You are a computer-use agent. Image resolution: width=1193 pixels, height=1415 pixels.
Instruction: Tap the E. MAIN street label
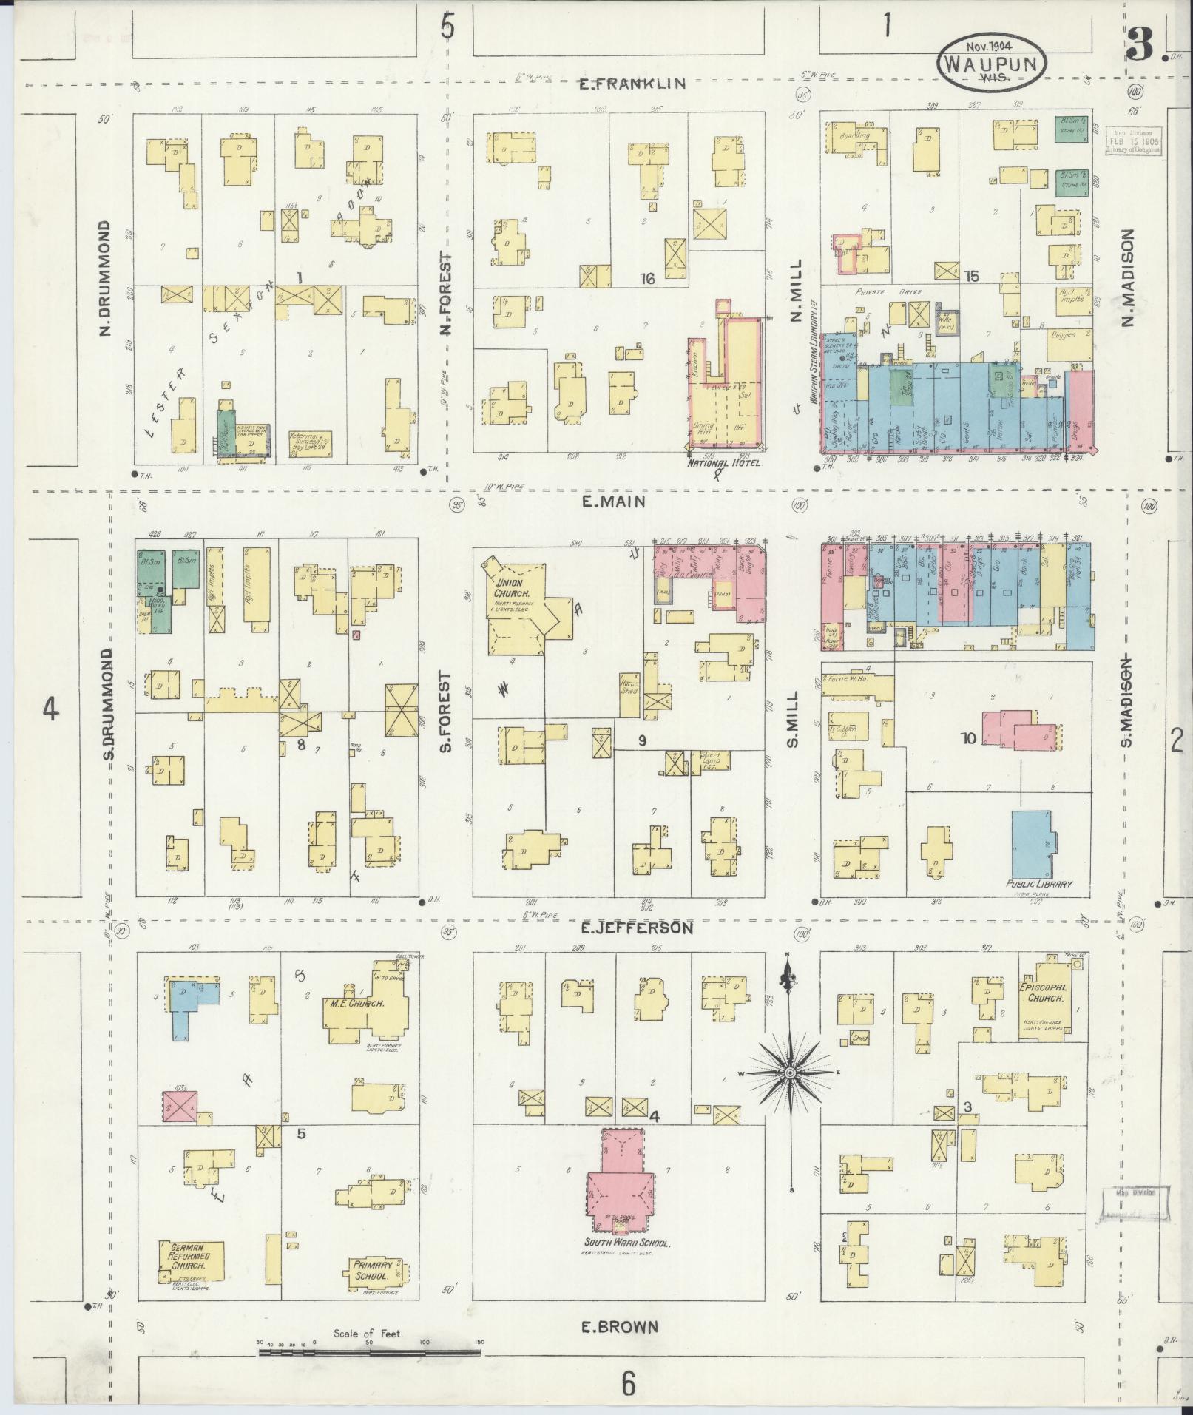point(613,502)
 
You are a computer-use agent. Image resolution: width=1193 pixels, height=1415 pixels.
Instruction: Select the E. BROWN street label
point(618,1327)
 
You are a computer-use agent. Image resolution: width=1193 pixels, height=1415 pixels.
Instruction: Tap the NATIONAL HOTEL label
point(724,464)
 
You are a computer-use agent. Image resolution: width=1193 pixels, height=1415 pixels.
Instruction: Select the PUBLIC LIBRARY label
point(1038,884)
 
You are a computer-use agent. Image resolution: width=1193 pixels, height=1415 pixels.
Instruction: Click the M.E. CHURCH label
point(355,1004)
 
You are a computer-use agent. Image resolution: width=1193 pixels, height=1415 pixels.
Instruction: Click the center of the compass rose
point(791,1072)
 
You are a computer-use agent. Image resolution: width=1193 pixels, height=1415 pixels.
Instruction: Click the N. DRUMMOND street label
point(104,278)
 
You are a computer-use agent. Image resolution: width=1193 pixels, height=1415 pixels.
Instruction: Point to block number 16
point(648,279)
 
